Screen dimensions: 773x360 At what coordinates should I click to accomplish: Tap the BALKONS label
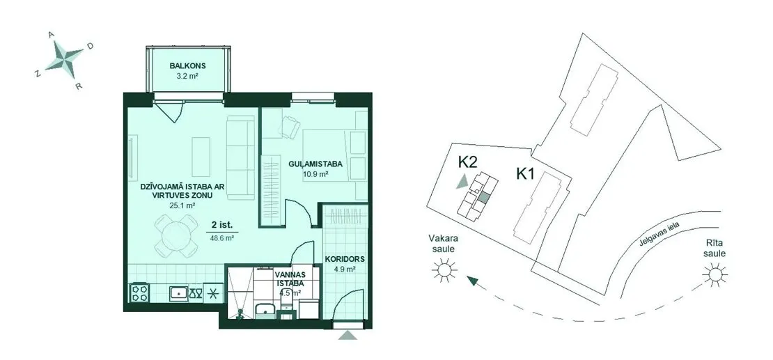pyautogui.click(x=187, y=65)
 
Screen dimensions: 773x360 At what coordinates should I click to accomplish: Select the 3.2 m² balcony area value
pyautogui.click(x=187, y=77)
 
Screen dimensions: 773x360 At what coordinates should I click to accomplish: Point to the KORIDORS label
pyautogui.click(x=345, y=258)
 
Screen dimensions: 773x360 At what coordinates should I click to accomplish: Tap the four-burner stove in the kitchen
pyautogui.click(x=139, y=292)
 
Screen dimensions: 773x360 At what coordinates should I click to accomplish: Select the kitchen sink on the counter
pyautogui.click(x=178, y=293)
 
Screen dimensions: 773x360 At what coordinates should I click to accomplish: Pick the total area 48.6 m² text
pyautogui.click(x=222, y=237)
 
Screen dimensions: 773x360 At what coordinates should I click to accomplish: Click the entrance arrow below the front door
pyautogui.click(x=348, y=335)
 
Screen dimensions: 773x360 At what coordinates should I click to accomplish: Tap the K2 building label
pyautogui.click(x=468, y=162)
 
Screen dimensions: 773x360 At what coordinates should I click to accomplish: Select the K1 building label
pyautogui.click(x=526, y=174)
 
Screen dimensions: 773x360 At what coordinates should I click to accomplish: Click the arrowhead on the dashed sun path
pyautogui.click(x=473, y=281)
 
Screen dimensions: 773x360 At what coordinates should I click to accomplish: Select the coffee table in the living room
pyautogui.click(x=201, y=157)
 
